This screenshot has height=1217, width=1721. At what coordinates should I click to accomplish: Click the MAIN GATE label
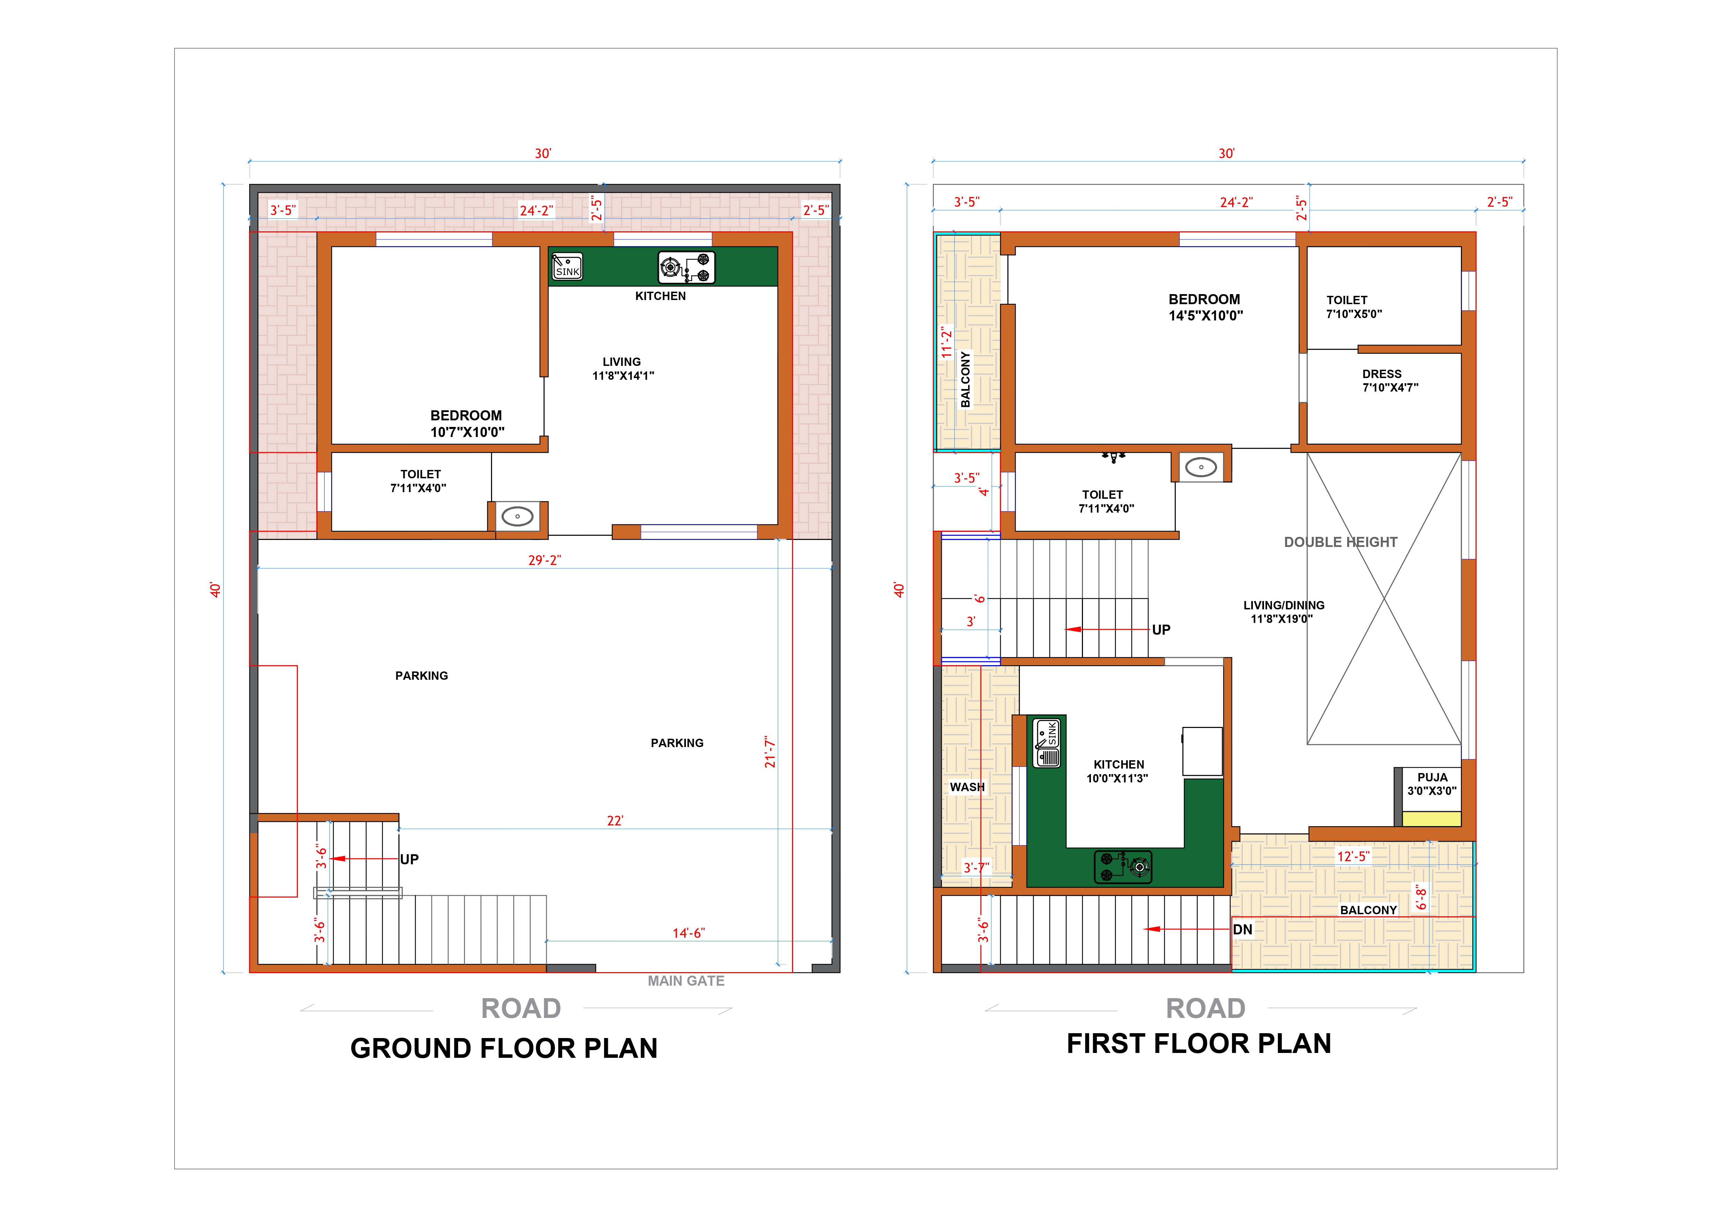(x=686, y=981)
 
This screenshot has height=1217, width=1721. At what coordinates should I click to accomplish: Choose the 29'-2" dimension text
(x=544, y=560)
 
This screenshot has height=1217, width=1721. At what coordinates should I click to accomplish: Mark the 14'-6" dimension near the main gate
(x=688, y=933)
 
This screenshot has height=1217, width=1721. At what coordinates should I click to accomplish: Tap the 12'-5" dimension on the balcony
(x=1353, y=856)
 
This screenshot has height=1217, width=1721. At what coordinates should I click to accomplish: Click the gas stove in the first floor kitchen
(x=1123, y=867)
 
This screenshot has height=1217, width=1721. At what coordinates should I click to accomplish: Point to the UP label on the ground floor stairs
(x=409, y=859)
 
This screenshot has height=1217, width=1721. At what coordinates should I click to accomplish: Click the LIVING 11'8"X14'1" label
(x=623, y=369)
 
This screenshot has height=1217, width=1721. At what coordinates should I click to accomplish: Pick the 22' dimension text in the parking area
(x=614, y=821)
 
